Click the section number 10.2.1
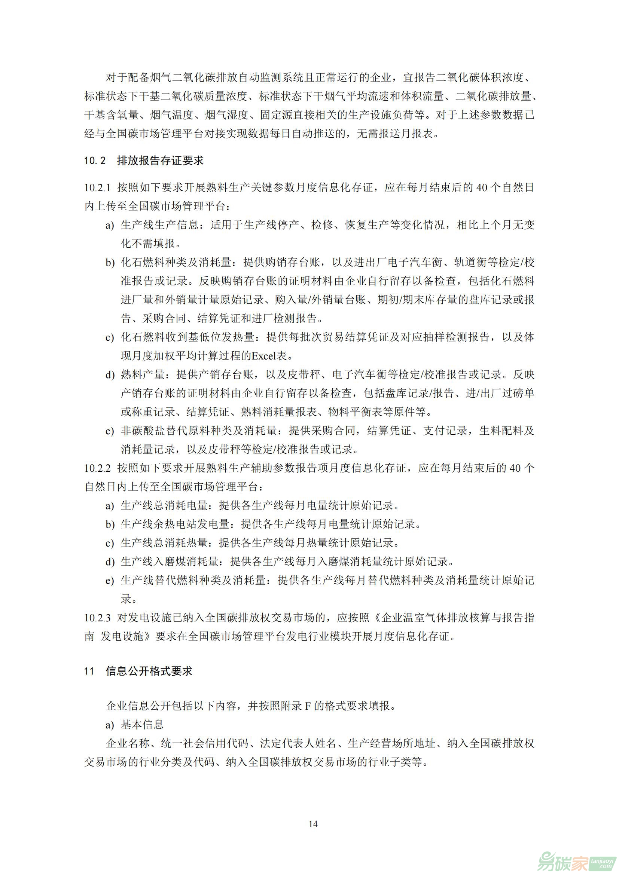click(97, 187)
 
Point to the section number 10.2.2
click(97, 468)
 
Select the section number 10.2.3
click(97, 618)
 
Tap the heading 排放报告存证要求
click(160, 160)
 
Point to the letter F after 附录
click(308, 706)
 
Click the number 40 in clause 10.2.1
click(482, 187)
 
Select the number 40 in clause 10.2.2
click(515, 468)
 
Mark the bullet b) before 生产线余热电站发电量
click(110, 525)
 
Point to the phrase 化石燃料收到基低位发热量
click(187, 337)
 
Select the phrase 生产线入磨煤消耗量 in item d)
click(170, 562)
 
